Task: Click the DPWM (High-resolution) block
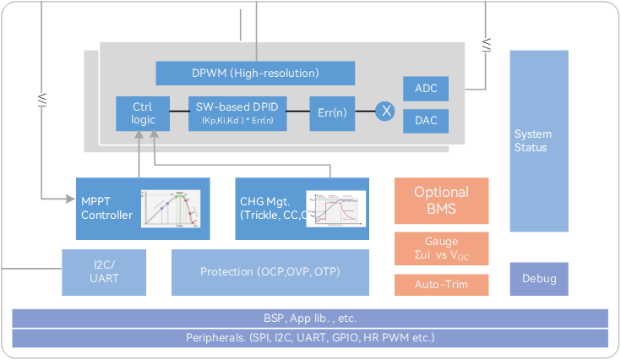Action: pos(255,73)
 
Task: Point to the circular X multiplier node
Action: pos(386,111)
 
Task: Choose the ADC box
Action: pos(425,88)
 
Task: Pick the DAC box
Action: pos(425,121)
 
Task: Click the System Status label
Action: pos(532,140)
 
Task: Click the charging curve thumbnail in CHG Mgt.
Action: pos(335,208)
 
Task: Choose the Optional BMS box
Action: pos(441,200)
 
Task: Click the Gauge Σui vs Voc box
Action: pos(441,249)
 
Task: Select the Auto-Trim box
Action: pos(441,284)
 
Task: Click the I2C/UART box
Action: pos(103,272)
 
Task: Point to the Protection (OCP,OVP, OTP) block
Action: pos(270,272)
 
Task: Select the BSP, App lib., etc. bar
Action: pos(310,319)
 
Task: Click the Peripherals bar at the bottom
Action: pos(310,338)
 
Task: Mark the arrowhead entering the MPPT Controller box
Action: pos(72,199)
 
